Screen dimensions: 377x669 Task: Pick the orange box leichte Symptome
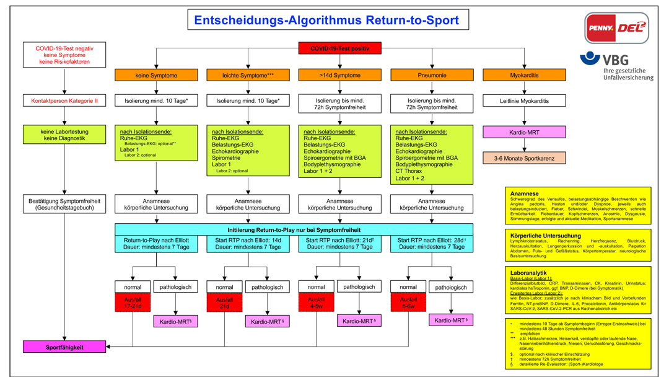coord(248,75)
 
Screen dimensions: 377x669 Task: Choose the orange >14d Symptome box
coord(339,75)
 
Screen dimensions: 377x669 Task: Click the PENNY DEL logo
coord(617,28)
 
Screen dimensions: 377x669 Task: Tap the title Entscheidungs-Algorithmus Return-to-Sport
coord(326,20)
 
